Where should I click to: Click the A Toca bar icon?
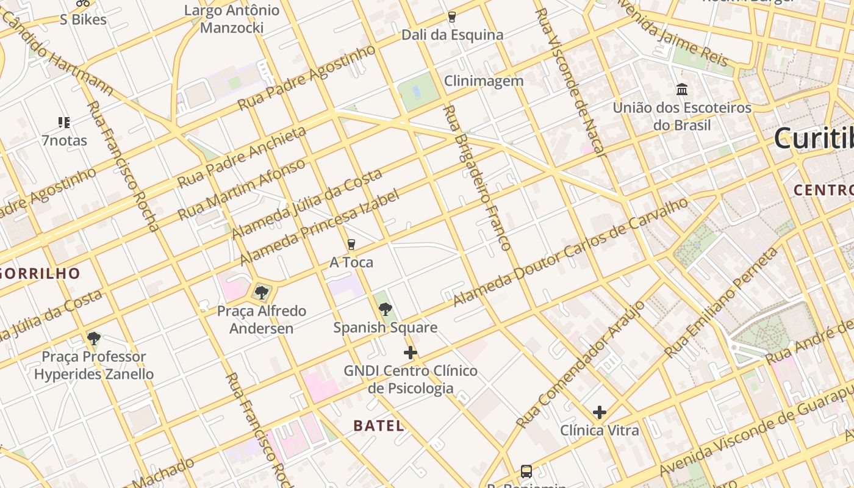[x=351, y=245]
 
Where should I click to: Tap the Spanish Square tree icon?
[x=385, y=309]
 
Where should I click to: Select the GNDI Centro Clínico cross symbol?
[x=411, y=353]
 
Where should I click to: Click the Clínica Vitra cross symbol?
[x=600, y=412]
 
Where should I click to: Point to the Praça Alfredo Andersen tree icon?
[x=262, y=293]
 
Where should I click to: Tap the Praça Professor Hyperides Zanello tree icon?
[x=93, y=339]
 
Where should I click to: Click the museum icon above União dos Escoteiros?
[x=682, y=90]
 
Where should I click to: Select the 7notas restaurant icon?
[x=64, y=123]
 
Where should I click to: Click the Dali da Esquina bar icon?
[x=452, y=17]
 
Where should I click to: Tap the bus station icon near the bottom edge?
[x=526, y=471]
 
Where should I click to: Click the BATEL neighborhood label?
[x=378, y=426]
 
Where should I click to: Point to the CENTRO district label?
[x=823, y=190]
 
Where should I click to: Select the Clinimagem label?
[x=483, y=81]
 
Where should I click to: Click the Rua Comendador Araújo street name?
[x=580, y=364]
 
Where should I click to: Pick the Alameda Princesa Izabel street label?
[x=320, y=228]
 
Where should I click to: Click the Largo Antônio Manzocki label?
[x=232, y=19]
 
